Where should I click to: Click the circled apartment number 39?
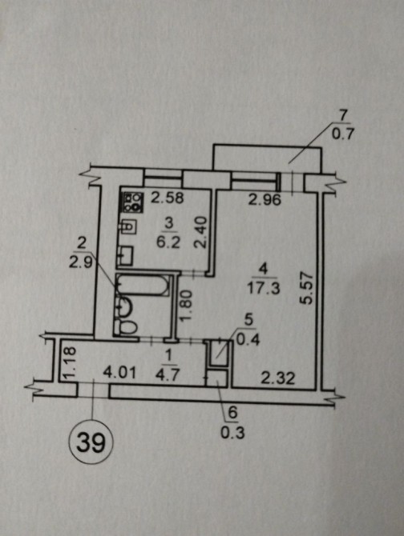coord(91,443)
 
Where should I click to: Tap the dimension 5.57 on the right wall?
coord(305,288)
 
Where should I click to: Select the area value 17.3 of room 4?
coord(263,288)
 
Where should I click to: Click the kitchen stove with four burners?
coord(133,202)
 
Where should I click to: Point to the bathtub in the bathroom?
coord(143,285)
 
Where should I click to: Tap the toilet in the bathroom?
coord(126,326)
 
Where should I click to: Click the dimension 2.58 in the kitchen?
coord(168,198)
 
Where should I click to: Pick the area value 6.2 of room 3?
coord(168,242)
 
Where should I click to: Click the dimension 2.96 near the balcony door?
coord(265,199)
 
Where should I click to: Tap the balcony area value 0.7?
coord(342,134)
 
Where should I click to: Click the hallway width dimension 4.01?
coord(119,372)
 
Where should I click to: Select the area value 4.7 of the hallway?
coord(168,375)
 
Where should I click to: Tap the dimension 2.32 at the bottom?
coord(277,378)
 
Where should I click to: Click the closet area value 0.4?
coord(248,340)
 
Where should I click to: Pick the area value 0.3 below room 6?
coord(232,433)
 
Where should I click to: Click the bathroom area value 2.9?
coord(81,263)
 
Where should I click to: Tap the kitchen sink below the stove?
coord(129,226)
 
